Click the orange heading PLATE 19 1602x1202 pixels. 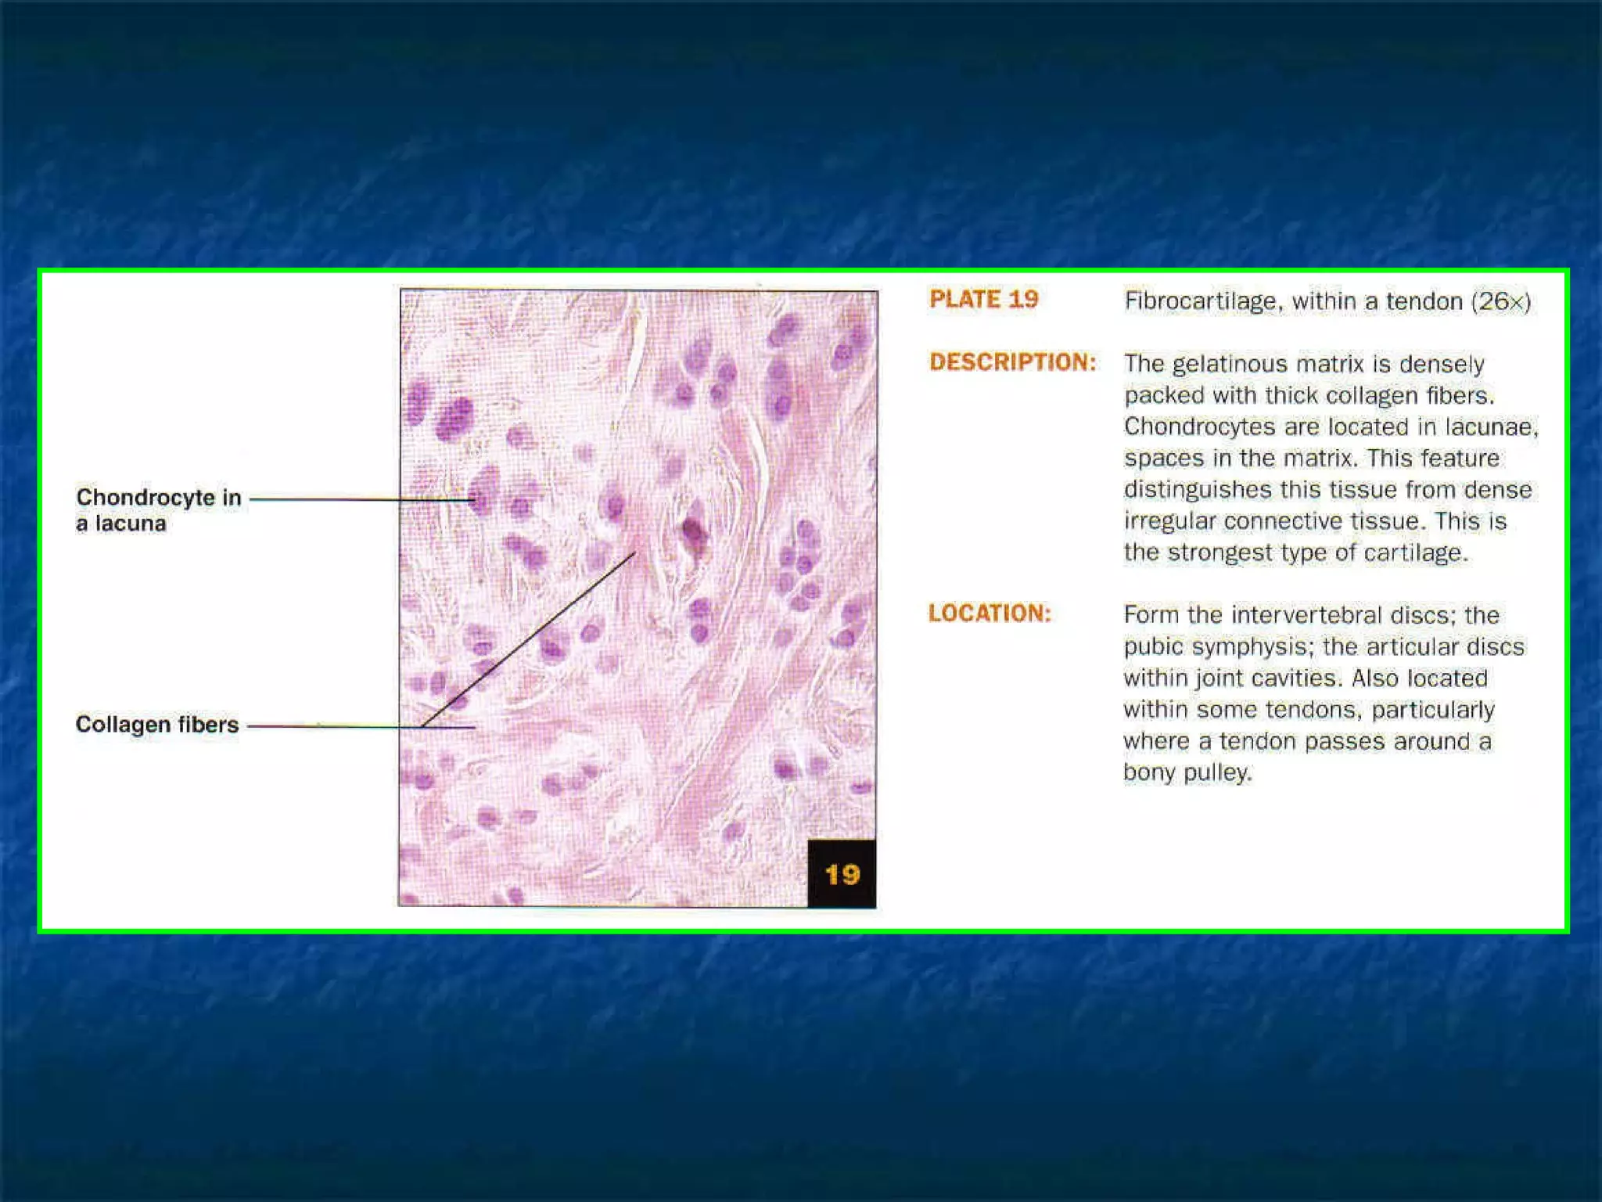(x=983, y=299)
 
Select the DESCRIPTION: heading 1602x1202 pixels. (x=1012, y=362)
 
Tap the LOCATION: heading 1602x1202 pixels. (x=990, y=614)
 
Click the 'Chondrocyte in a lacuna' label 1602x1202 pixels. (x=158, y=510)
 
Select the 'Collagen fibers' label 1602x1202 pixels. (x=156, y=725)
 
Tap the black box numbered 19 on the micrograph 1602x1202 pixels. (x=842, y=874)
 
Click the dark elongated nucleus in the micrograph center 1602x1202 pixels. (x=693, y=532)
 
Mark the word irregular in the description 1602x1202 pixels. (x=1170, y=521)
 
